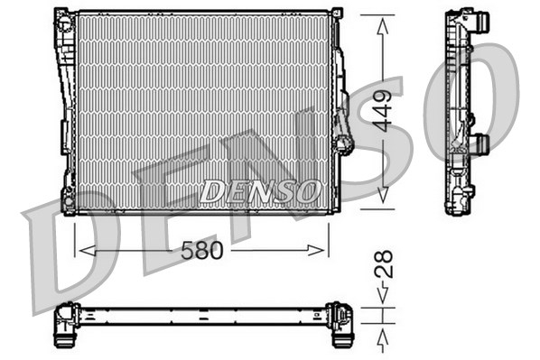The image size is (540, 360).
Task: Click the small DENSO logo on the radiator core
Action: (260, 191)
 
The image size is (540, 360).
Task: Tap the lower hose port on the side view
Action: (480, 143)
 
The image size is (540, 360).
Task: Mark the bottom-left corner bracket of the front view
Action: (67, 202)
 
